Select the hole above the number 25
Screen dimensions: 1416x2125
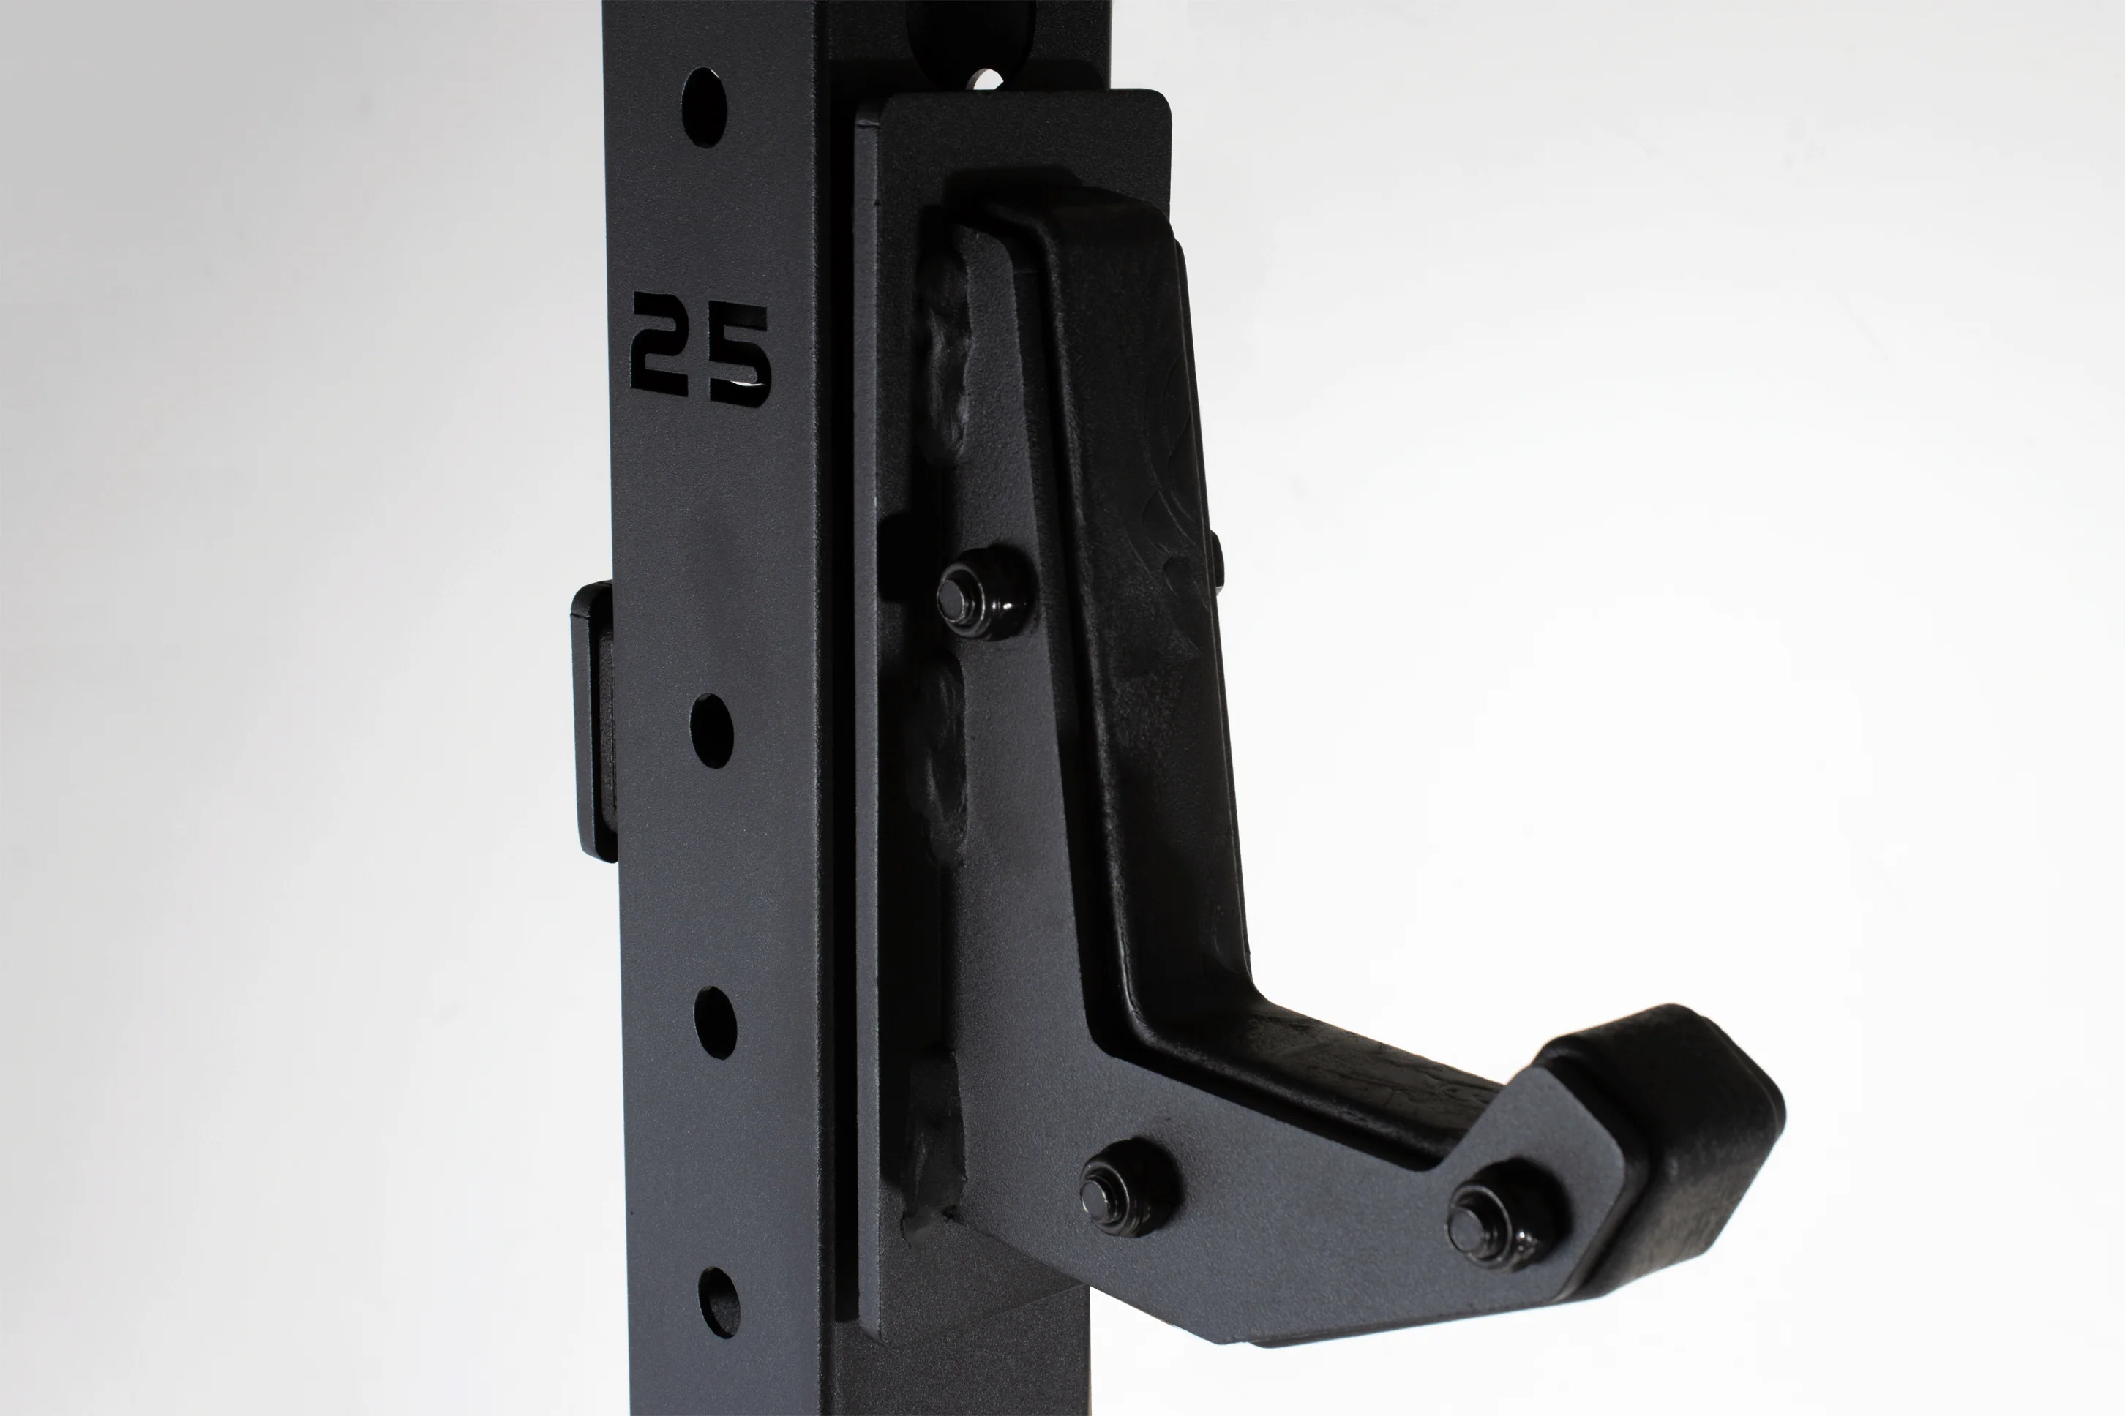pyautogui.click(x=705, y=107)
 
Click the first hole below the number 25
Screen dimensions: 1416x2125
pyautogui.click(x=712, y=731)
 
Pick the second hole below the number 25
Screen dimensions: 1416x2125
pyautogui.click(x=716, y=1023)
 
